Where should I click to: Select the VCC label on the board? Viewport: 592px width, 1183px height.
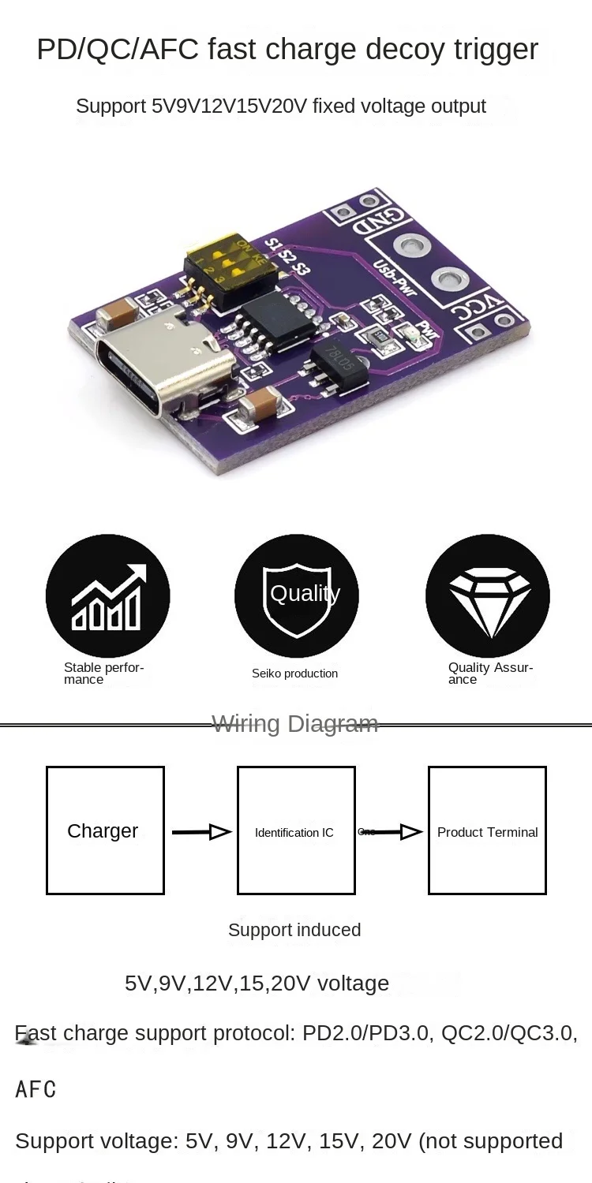coord(477,313)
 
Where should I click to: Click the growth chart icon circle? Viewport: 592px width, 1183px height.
coord(107,595)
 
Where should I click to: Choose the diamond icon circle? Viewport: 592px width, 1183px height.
coord(487,595)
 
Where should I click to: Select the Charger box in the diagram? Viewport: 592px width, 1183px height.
coord(105,830)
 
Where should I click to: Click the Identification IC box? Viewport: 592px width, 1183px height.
coord(296,830)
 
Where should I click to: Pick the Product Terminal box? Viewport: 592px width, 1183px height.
coord(487,830)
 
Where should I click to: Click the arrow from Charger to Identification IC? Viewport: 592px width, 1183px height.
coord(200,831)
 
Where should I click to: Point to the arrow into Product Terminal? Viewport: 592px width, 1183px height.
coord(399,831)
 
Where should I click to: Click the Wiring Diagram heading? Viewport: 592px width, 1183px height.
coord(295,723)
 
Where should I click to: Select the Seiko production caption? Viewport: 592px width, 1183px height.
coord(294,674)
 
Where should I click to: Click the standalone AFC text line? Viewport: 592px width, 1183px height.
coord(36,1089)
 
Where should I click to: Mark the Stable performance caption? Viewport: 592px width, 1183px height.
coord(103,674)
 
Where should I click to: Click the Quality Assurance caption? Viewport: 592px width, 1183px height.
coord(490,674)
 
